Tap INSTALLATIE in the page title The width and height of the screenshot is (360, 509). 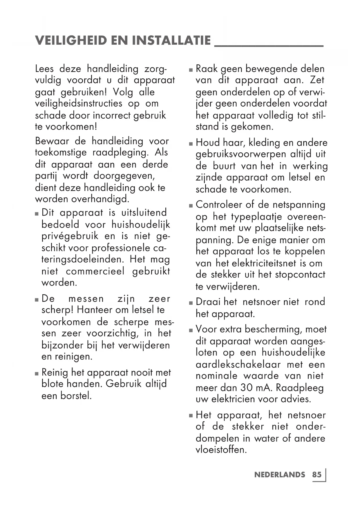coord(171,40)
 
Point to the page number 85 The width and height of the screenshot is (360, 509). coord(317,474)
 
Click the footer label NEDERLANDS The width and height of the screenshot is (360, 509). coord(280,474)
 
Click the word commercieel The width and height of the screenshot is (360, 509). coord(95,271)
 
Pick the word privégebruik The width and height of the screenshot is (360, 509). coord(70,236)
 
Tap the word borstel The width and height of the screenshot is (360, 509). coord(76,396)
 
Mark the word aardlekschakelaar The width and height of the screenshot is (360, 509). coord(238,364)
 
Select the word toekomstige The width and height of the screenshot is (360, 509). coord(61,152)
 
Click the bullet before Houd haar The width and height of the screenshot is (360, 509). coord(191,144)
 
